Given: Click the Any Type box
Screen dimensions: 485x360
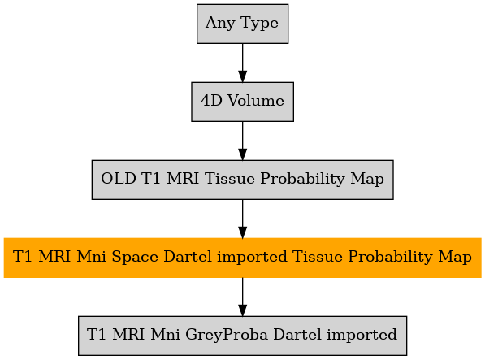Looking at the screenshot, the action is pos(242,24).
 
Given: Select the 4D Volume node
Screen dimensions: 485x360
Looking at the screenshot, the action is pos(242,102).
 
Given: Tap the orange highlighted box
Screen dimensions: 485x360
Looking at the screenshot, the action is pos(242,258).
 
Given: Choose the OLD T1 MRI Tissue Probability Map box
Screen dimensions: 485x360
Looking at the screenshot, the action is pos(242,180).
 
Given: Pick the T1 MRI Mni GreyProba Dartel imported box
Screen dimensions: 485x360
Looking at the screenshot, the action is pos(242,336).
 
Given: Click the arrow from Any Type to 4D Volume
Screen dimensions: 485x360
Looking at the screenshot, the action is pos(242,63).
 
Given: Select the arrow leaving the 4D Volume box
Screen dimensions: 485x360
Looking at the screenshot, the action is pos(242,141).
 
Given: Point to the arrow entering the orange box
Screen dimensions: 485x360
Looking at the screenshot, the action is pos(242,219).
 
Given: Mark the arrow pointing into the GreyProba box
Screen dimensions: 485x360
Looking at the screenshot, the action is pos(242,297).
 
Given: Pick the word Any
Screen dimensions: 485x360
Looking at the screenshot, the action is pos(220,24).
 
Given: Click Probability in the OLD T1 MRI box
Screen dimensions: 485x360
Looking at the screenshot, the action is pos(302,179).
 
